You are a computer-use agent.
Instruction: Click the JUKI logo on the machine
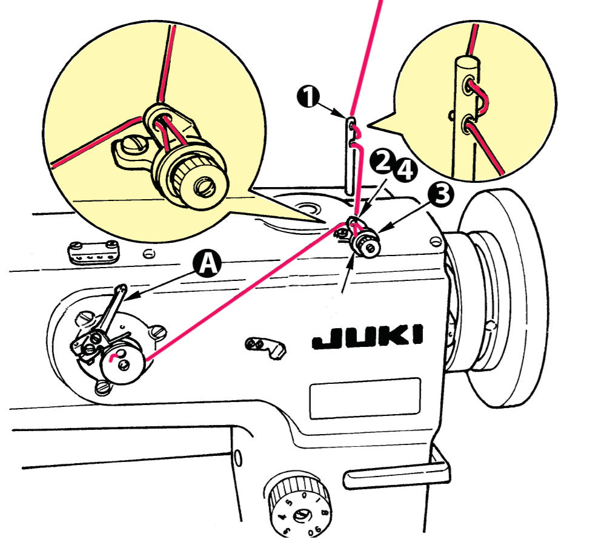(x=367, y=337)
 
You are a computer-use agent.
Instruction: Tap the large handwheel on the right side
(x=515, y=303)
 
